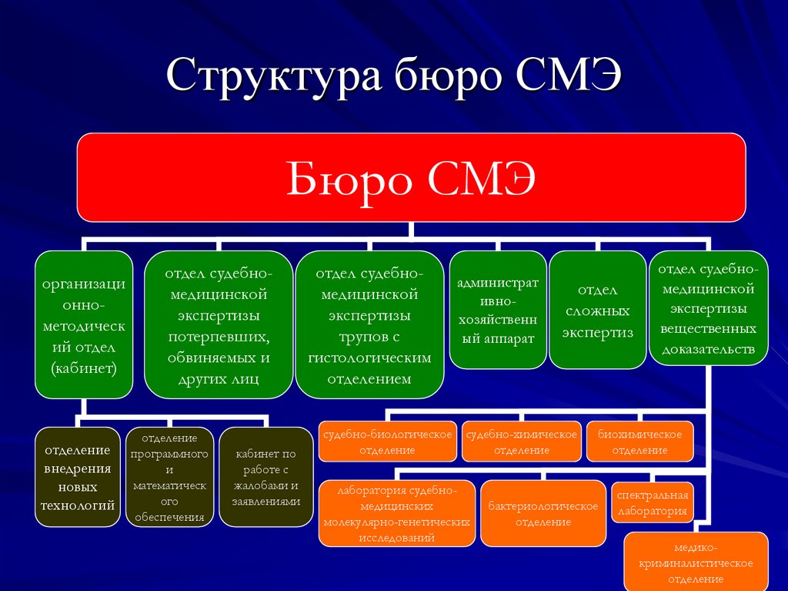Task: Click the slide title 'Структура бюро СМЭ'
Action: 393,79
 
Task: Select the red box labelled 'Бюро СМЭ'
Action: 411,177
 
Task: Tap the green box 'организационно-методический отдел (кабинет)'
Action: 84,324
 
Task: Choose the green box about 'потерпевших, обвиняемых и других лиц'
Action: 219,324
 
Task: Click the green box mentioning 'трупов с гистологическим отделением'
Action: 369,324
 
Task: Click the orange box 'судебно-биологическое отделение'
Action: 388,442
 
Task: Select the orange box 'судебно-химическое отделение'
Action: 521,442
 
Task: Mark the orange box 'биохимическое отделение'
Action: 639,442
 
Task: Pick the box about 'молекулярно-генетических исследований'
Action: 396,513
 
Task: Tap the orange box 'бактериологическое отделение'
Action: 543,513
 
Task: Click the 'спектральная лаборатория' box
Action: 651,502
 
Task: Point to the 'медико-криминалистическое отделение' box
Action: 696,562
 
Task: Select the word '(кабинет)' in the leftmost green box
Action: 84,368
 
